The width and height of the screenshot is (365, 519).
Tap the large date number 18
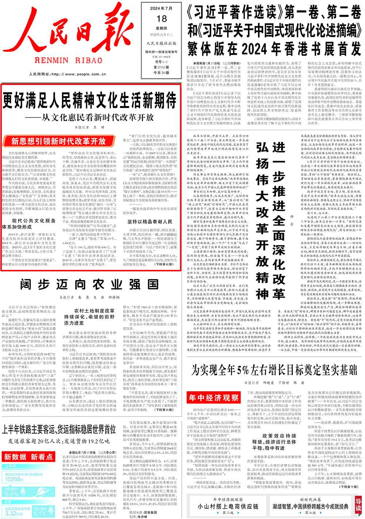click(x=162, y=19)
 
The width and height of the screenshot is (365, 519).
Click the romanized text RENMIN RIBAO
click(x=69, y=61)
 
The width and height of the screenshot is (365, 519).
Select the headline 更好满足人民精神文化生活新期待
click(x=89, y=101)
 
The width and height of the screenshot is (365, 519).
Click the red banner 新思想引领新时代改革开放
click(x=58, y=141)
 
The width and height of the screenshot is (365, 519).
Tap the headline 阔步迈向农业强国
click(x=89, y=284)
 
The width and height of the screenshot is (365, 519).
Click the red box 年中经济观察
click(x=214, y=398)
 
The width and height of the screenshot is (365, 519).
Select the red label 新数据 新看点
click(x=28, y=457)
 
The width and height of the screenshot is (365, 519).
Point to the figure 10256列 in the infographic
click(x=15, y=479)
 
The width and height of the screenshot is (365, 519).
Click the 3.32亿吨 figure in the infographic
click(x=14, y=513)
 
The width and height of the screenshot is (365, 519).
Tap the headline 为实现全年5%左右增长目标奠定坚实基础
click(x=274, y=370)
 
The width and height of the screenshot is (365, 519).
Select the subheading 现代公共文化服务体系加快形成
click(x=29, y=224)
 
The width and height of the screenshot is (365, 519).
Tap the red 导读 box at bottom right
click(x=358, y=505)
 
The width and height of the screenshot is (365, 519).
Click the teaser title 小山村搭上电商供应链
click(x=228, y=506)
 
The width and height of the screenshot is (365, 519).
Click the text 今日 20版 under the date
click(x=161, y=73)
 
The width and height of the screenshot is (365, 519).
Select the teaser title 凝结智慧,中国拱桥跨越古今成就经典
click(x=310, y=506)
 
